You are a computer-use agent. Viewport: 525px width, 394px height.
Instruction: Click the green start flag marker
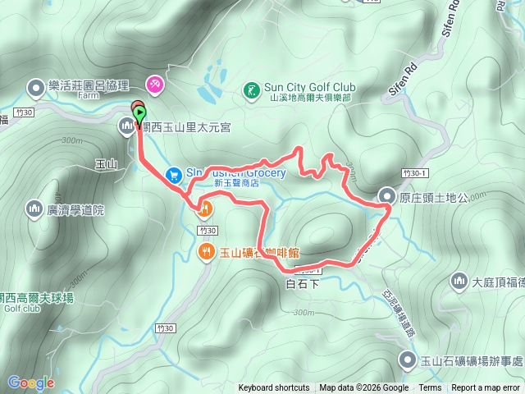click(x=140, y=114)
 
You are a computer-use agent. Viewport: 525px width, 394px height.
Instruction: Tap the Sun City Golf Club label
click(x=309, y=86)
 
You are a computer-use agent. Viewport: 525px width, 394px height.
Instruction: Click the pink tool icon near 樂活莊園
click(x=154, y=84)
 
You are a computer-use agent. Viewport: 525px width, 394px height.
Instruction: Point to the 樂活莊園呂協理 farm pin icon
click(x=36, y=86)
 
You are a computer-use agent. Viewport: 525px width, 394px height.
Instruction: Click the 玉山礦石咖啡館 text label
click(x=270, y=253)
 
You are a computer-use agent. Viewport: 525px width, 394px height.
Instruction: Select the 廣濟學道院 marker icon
click(x=34, y=209)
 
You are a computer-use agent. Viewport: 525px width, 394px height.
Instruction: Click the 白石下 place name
click(x=302, y=283)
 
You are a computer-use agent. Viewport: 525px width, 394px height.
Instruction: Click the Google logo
click(x=30, y=383)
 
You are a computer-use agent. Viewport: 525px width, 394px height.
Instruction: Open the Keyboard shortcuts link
click(x=274, y=388)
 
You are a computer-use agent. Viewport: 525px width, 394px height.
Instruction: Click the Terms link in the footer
click(x=430, y=388)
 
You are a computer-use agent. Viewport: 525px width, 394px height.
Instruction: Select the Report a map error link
click(x=486, y=388)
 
